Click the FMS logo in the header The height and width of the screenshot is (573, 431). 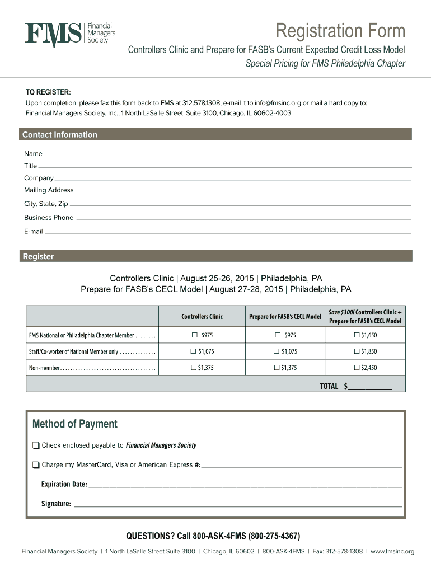tap(70, 34)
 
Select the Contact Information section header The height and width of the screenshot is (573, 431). tap(60, 134)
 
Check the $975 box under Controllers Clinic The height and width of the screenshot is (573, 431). tap(195, 335)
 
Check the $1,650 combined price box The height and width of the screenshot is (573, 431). tap(357, 335)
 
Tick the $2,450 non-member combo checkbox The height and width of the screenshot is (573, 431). tap(357, 368)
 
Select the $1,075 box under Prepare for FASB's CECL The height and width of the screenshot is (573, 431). tap(277, 351)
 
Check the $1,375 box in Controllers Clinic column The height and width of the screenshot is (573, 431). tap(194, 368)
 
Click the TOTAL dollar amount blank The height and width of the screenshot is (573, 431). tap(370, 387)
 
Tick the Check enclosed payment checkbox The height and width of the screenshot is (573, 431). tap(36, 445)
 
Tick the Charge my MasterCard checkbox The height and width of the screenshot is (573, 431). tap(36, 465)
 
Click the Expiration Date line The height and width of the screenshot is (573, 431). tap(245, 485)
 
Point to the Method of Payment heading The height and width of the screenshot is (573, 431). tap(75, 424)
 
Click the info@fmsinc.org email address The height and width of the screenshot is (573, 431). tap(278, 103)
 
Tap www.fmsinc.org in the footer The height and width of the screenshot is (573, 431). tap(392, 551)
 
